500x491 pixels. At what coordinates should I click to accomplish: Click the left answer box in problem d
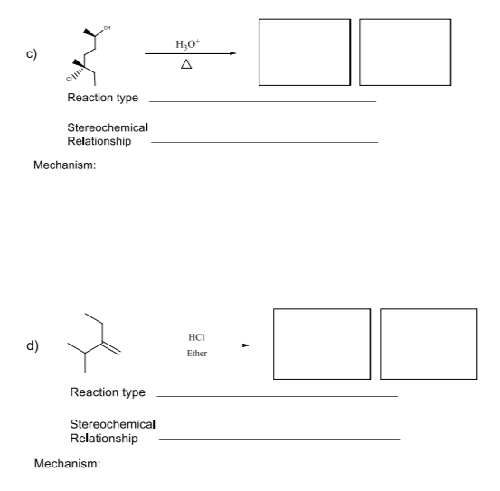[x=321, y=345]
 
